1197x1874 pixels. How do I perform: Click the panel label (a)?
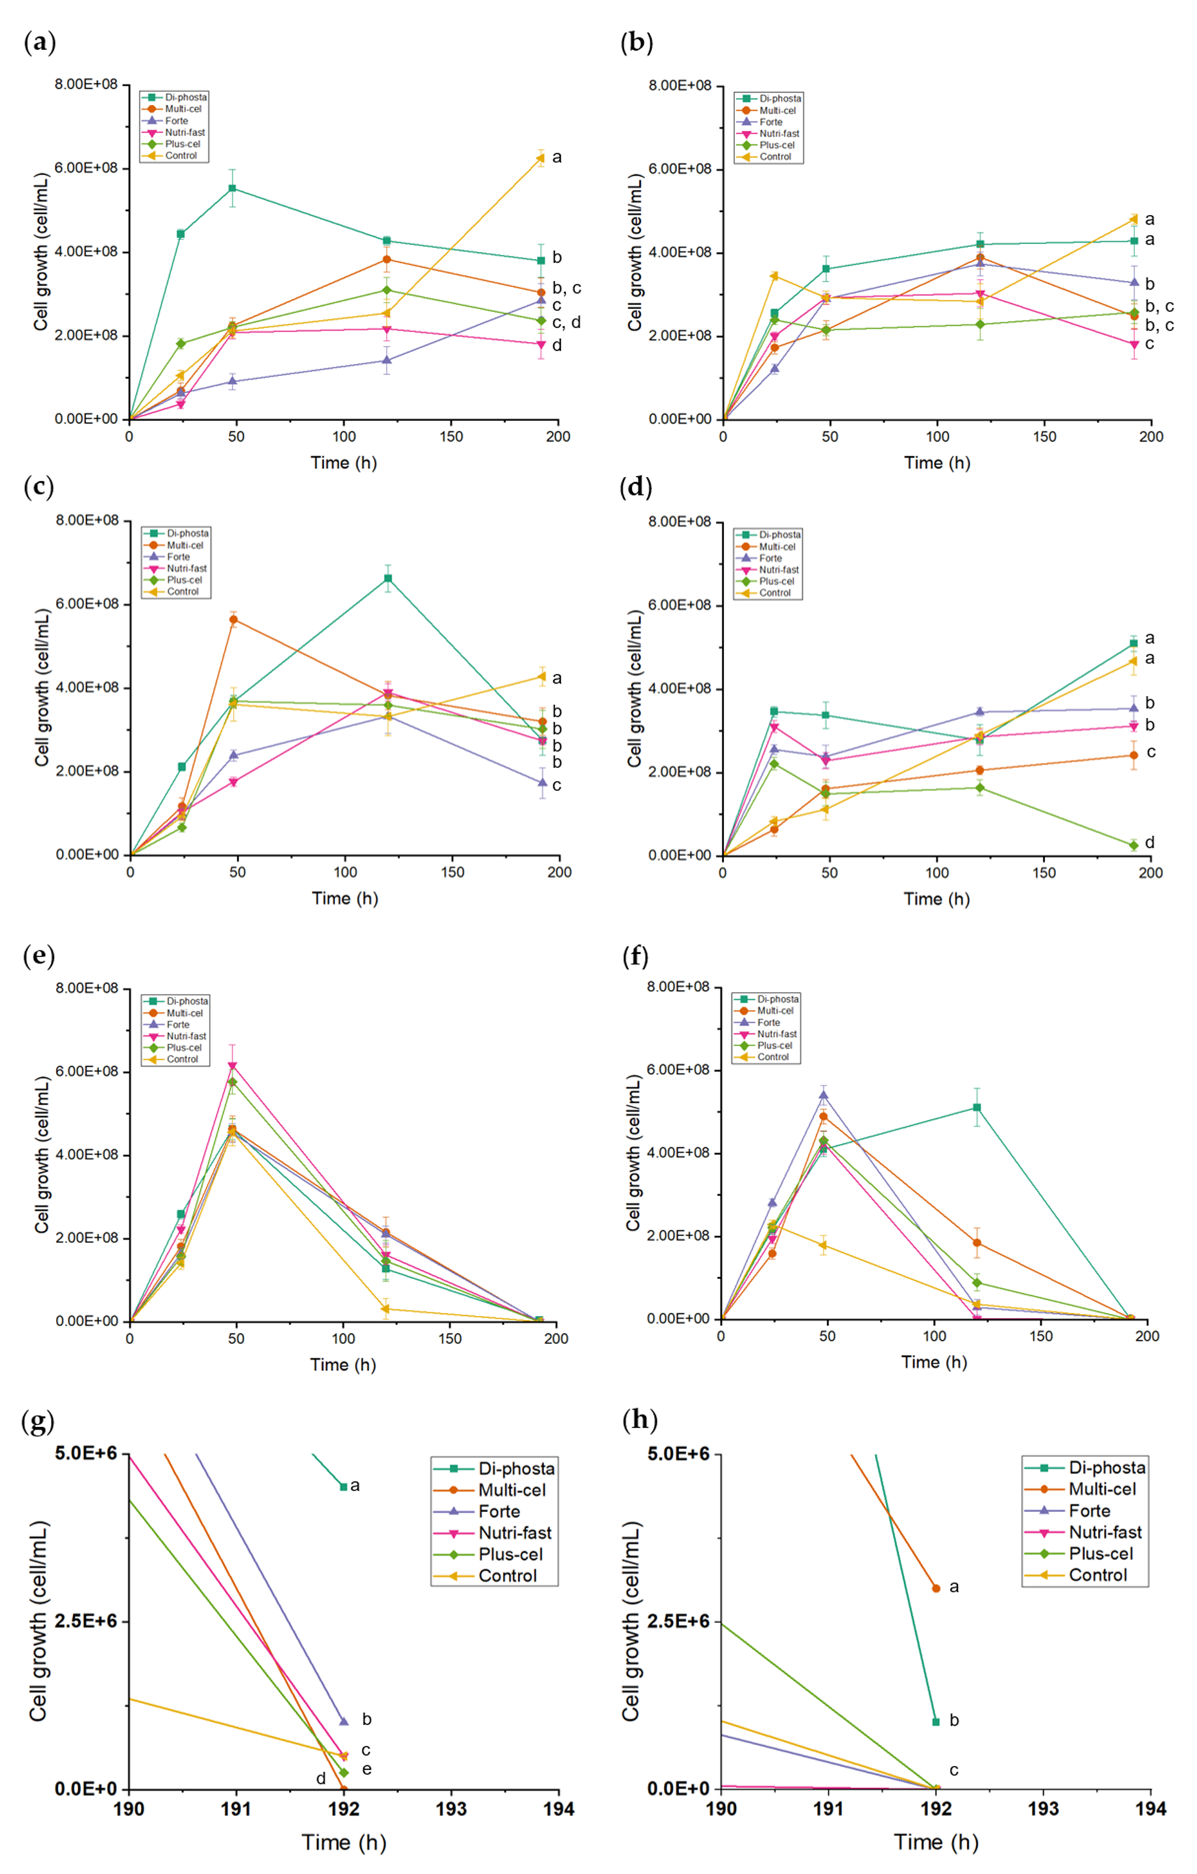click(x=40, y=44)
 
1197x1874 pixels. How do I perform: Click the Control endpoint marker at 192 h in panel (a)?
click(x=540, y=158)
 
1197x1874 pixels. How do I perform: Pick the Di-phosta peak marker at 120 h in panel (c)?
click(x=388, y=578)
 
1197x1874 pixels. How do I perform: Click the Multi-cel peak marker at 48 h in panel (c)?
click(x=233, y=619)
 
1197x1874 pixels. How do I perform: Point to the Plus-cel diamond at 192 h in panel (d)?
click(x=1134, y=845)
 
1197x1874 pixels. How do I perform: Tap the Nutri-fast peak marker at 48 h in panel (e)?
click(x=232, y=1066)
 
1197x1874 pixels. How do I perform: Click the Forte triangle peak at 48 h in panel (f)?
click(x=824, y=1096)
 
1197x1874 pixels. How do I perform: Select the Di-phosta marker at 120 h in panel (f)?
click(x=977, y=1107)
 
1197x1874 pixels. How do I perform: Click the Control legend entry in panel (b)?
click(x=774, y=156)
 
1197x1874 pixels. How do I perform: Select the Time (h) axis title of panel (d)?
click(x=937, y=899)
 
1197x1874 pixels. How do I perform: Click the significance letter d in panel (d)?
click(x=1149, y=842)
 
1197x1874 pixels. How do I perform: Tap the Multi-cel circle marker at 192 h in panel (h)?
click(x=937, y=1588)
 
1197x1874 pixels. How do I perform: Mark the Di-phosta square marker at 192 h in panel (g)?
click(x=343, y=1486)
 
